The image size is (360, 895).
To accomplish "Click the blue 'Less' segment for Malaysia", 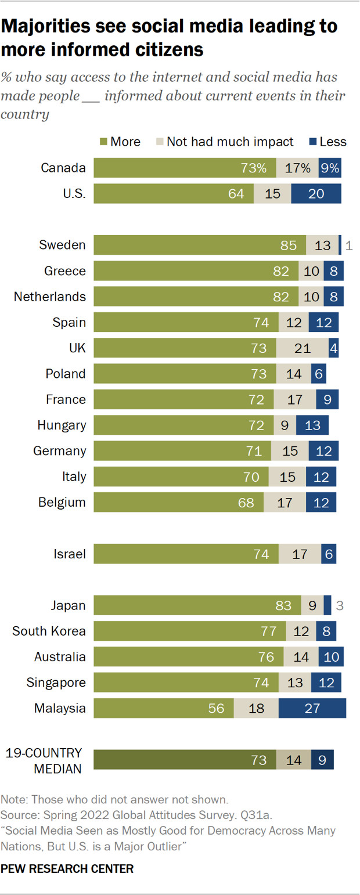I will pos(312,708).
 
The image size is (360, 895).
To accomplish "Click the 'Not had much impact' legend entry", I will pos(230,142).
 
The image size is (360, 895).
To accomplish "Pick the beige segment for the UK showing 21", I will pos(302,348).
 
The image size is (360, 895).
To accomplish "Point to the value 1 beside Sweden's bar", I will pos(348,245).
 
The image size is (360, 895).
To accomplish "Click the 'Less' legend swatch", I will pos(311,142).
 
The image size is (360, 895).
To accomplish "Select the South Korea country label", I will pos(49,631).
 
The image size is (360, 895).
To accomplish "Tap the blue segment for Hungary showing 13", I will pos(312,425).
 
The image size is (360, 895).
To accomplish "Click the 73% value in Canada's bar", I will pos(254,168).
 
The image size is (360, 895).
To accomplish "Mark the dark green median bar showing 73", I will pos(184,760).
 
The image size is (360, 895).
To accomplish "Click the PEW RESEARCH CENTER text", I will pos(67,868).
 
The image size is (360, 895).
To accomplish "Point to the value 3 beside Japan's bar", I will pos(340,605).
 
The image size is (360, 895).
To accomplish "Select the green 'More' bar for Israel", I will pos(186,554).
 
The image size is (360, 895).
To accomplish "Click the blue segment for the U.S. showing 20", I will pos(316,194).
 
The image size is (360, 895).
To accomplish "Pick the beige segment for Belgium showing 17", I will pos(285,502).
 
